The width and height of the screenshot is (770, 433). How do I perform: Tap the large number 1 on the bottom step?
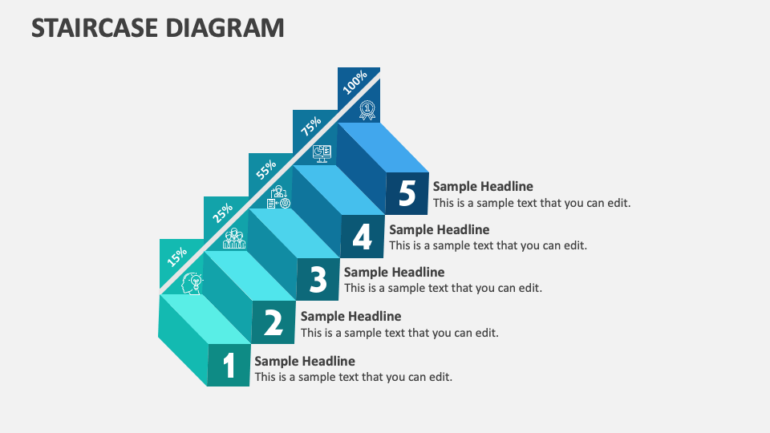click(x=229, y=366)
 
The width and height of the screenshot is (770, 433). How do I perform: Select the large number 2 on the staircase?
click(x=274, y=322)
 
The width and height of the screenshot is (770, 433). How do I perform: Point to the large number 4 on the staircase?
click(x=363, y=237)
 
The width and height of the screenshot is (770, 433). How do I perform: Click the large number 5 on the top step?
click(x=407, y=194)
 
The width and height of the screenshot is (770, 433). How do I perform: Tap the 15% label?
click(x=177, y=256)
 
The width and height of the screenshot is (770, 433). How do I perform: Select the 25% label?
click(x=222, y=212)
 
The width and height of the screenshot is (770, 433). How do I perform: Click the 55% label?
click(x=266, y=169)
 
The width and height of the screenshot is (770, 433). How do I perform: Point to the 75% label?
click(x=310, y=126)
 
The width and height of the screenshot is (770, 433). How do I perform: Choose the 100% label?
click(x=355, y=82)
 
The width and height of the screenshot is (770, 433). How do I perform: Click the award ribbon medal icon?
click(x=367, y=110)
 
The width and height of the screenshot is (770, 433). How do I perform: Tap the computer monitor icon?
click(x=322, y=152)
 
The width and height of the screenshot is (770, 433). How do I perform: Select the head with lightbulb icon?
click(x=192, y=282)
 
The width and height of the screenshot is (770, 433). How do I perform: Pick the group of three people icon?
click(x=233, y=239)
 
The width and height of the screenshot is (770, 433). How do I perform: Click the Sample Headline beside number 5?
click(x=483, y=187)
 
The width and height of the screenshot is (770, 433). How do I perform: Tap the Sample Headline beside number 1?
click(x=305, y=361)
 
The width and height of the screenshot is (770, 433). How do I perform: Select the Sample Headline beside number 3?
click(x=394, y=272)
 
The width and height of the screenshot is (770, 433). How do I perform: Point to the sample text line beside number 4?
click(x=488, y=245)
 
